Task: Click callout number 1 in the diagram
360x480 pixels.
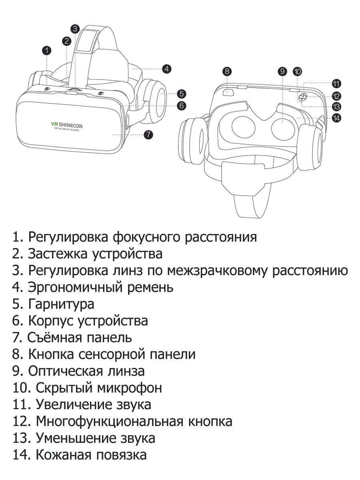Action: pyautogui.click(x=46, y=51)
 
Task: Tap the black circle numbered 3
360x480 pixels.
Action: pyautogui.click(x=75, y=29)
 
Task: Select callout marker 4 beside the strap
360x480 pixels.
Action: pyautogui.click(x=166, y=69)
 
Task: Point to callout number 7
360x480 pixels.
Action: pyautogui.click(x=148, y=134)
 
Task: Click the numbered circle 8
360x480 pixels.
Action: pyautogui.click(x=227, y=71)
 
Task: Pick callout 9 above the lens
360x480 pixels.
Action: pyautogui.click(x=282, y=71)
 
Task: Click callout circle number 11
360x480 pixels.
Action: pyautogui.click(x=336, y=84)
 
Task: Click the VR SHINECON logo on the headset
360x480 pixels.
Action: pyautogui.click(x=67, y=126)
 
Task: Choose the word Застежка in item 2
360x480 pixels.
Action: pyautogui.click(x=58, y=254)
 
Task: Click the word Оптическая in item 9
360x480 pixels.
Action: pyautogui.click(x=65, y=372)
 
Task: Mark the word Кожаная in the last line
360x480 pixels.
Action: pyautogui.click(x=63, y=455)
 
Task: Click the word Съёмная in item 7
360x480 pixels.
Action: pyautogui.click(x=54, y=338)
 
